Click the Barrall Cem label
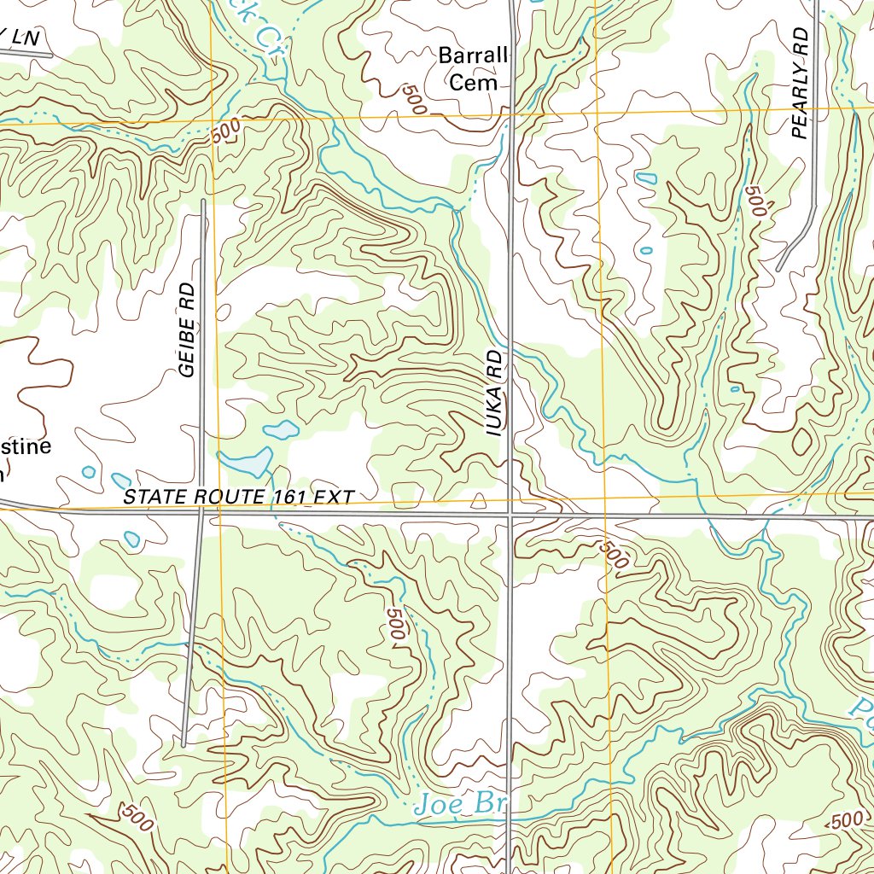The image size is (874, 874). tap(473, 69)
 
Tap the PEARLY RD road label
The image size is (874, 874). tap(799, 83)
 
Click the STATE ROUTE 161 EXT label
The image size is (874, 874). tap(238, 497)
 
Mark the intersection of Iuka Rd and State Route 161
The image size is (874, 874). tap(510, 516)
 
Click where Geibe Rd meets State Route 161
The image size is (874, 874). tap(201, 514)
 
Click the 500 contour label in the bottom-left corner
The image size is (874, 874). tap(137, 818)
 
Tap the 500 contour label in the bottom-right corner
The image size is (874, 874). tap(846, 820)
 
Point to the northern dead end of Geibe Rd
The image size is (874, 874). tap(203, 201)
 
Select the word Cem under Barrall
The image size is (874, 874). tap(473, 83)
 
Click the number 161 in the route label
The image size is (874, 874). tap(291, 497)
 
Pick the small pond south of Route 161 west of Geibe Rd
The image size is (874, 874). tap(131, 539)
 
